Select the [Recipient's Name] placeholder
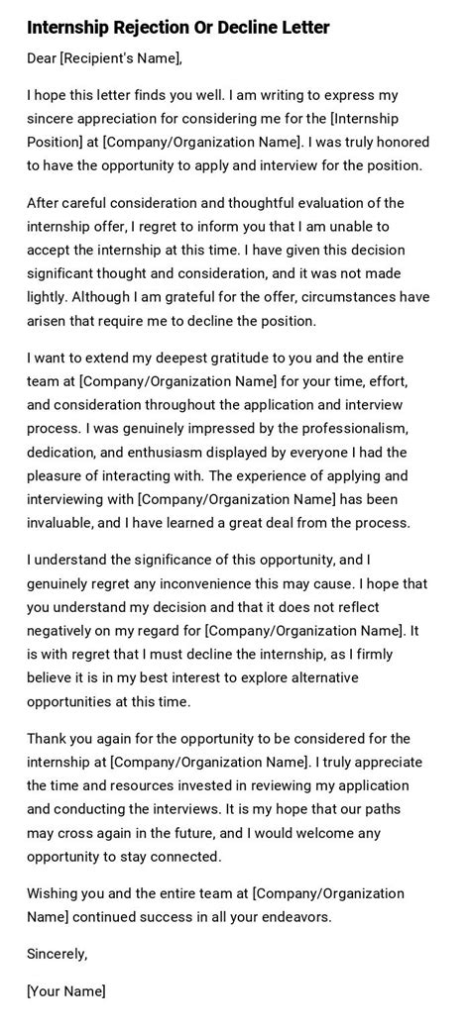[x=120, y=58]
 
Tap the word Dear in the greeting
[x=43, y=58]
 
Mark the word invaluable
[x=63, y=522]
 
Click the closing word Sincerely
[x=58, y=954]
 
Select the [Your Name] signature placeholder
[x=66, y=990]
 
